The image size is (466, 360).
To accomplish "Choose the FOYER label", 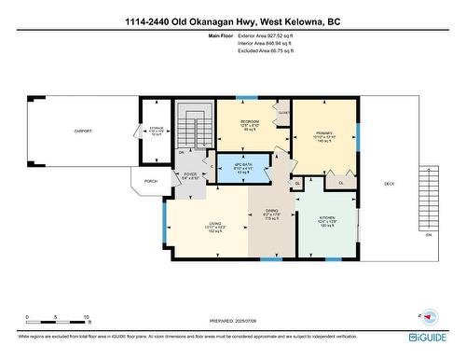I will click(x=190, y=173).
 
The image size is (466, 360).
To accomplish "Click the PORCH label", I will click(x=150, y=181).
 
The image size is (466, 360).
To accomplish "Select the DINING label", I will click(x=272, y=211).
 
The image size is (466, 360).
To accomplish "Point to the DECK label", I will click(x=389, y=184).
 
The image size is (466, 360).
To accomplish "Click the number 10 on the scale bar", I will click(x=86, y=318).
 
